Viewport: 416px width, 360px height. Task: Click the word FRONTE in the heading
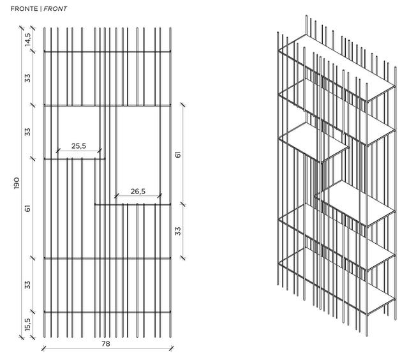tap(23, 9)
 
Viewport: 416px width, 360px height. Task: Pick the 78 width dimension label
tap(107, 343)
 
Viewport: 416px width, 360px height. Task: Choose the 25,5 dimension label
tap(79, 146)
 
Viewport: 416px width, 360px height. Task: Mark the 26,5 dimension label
tap(138, 191)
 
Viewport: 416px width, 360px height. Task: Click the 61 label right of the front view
tap(179, 154)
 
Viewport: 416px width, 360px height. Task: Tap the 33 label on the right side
tap(179, 230)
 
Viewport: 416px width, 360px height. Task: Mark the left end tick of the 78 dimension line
tap(43, 348)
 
